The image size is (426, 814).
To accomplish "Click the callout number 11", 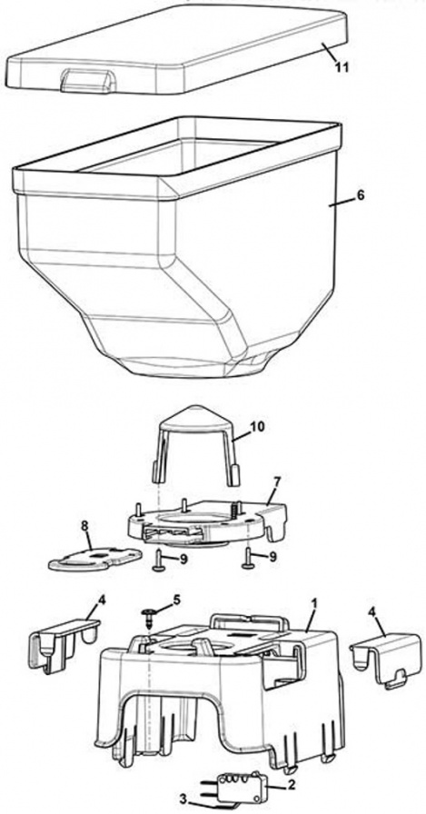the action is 342,67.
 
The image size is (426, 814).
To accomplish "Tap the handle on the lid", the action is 86,82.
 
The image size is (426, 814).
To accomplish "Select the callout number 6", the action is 362,195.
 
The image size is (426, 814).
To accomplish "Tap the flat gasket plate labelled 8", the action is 95,557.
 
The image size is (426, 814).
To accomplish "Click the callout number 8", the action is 85,526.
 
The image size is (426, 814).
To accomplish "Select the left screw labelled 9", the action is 158,561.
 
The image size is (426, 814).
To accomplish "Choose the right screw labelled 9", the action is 249,558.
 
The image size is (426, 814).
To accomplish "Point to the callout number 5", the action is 177,601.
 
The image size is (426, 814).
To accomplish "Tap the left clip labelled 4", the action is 63,639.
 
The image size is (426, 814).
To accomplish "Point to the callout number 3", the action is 183,799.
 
